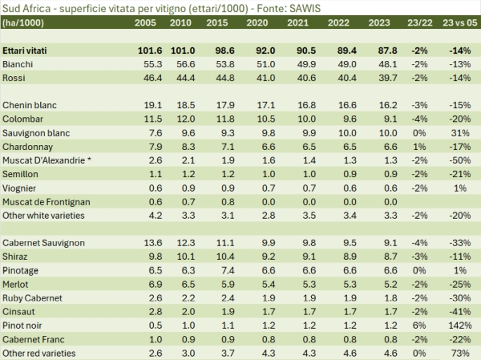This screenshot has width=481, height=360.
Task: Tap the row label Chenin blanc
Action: [x=31, y=105]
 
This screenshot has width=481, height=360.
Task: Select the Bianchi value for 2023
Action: [x=386, y=63]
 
